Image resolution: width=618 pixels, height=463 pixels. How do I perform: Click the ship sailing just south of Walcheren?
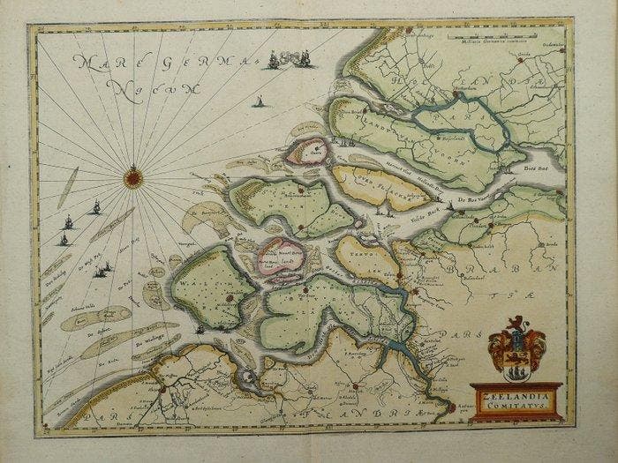click(x=201, y=332)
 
